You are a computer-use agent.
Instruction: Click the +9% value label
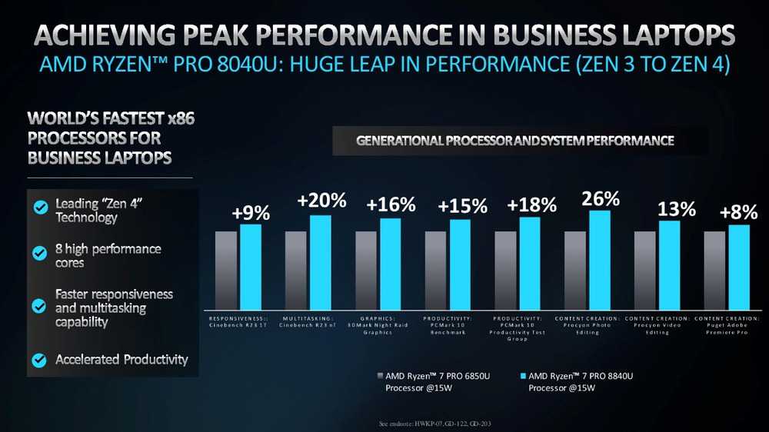tap(251, 214)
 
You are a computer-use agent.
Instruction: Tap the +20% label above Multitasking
tap(321, 202)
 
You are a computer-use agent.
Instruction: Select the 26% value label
tap(601, 199)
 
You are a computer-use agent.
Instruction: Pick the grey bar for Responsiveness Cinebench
tap(226, 269)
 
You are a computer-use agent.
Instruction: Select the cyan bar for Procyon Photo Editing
tap(600, 259)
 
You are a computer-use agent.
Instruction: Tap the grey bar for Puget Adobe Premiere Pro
tap(714, 269)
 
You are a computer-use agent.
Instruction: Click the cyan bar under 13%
tap(669, 264)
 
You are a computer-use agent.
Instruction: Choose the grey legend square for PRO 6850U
tap(380, 376)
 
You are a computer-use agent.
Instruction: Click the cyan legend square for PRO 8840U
tap(523, 376)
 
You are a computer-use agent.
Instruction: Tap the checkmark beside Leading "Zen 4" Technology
tap(39, 207)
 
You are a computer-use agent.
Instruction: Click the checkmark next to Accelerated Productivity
tap(39, 359)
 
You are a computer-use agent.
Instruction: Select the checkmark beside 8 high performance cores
tap(39, 252)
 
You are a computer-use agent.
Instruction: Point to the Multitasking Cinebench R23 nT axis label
tap(308, 321)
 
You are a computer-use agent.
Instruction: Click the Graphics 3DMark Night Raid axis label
tap(378, 325)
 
